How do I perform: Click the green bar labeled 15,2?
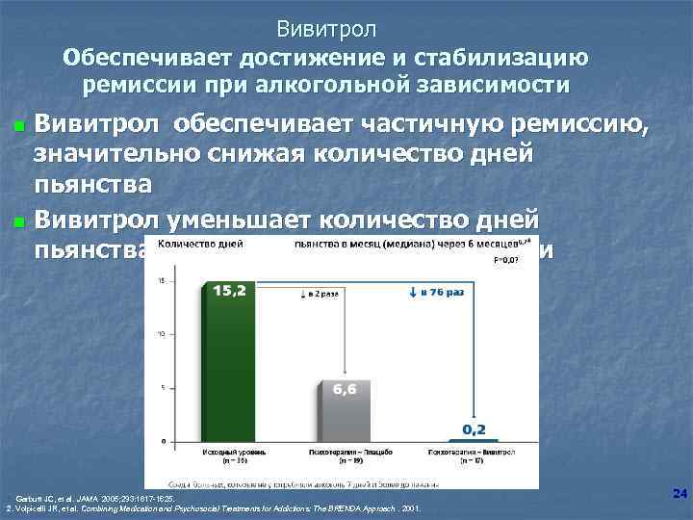point(224,366)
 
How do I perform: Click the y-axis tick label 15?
point(163,281)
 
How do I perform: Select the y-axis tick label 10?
point(163,334)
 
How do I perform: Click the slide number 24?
point(680,494)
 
